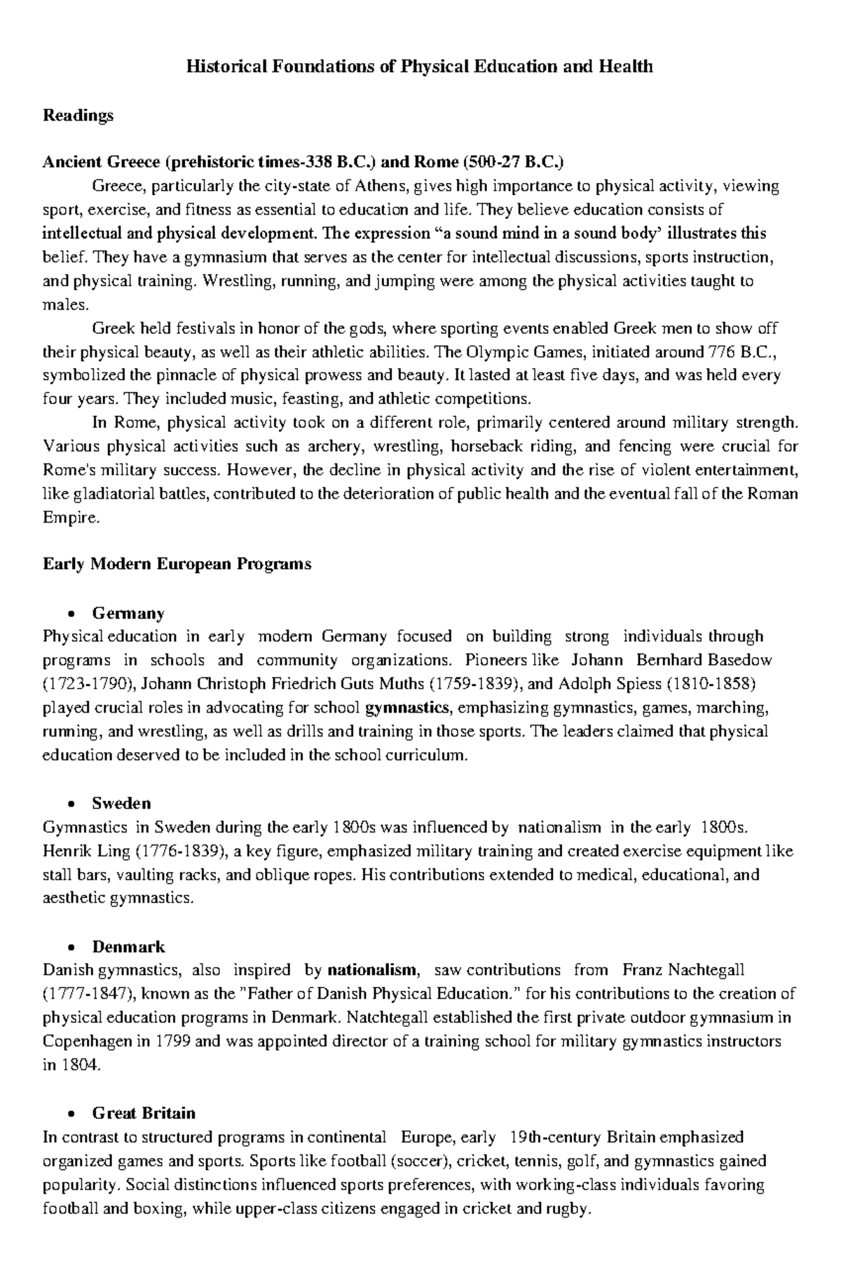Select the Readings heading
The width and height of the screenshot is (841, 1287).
coord(78,115)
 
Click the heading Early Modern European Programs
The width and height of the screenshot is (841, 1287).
coord(177,565)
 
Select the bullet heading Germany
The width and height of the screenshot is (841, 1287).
coord(128,614)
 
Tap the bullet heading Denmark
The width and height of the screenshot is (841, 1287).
coord(128,947)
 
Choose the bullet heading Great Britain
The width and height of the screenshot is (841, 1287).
coord(144,1113)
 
